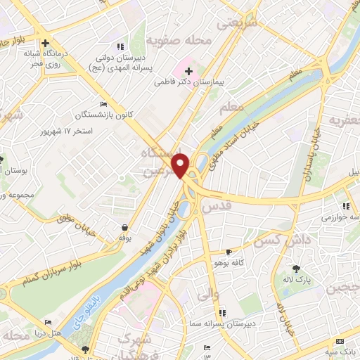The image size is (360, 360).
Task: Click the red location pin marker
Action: [x=182, y=165]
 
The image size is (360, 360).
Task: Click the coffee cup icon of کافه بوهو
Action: [x=228, y=252]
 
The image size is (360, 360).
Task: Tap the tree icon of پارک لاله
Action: [x=296, y=269]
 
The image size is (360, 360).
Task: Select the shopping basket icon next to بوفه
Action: [x=124, y=228]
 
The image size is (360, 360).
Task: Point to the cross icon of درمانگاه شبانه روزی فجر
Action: [x=44, y=42]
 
